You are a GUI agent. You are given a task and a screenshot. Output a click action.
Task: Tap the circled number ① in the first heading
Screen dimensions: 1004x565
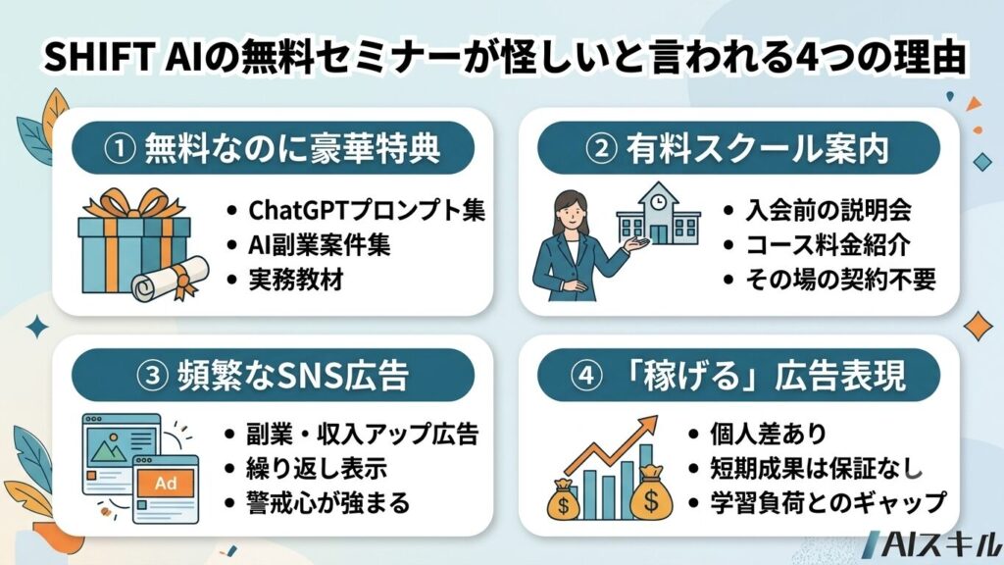coord(120,149)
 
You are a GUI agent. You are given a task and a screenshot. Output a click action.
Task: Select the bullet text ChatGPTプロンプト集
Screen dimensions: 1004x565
coord(367,210)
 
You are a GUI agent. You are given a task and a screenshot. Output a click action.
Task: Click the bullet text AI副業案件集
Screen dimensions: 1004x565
coord(319,244)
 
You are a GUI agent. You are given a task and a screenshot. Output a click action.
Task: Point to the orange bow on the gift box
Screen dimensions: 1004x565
coord(134,202)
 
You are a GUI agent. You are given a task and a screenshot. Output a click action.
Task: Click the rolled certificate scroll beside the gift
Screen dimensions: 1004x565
coord(171,279)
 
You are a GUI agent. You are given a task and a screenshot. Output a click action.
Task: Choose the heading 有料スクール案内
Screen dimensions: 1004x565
coord(758,149)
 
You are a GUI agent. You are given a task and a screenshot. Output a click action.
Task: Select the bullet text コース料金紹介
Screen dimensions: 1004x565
coord(828,244)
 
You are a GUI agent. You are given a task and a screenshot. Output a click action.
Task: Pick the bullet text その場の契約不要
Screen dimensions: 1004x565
coord(840,280)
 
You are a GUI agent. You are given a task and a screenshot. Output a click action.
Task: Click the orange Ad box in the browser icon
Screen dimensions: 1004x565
coord(165,483)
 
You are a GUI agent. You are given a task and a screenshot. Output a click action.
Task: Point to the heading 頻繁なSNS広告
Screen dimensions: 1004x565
coord(292,375)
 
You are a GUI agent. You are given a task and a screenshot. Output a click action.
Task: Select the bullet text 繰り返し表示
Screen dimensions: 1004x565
coord(317,469)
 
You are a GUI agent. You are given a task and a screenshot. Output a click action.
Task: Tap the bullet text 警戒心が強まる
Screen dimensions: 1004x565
coord(327,503)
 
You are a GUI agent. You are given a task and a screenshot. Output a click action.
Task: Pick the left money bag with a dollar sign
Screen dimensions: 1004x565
coord(564,499)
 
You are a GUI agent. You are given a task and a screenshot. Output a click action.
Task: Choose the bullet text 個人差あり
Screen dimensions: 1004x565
coord(769,435)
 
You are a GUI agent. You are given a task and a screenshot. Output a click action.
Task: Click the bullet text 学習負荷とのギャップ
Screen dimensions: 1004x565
coord(828,503)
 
